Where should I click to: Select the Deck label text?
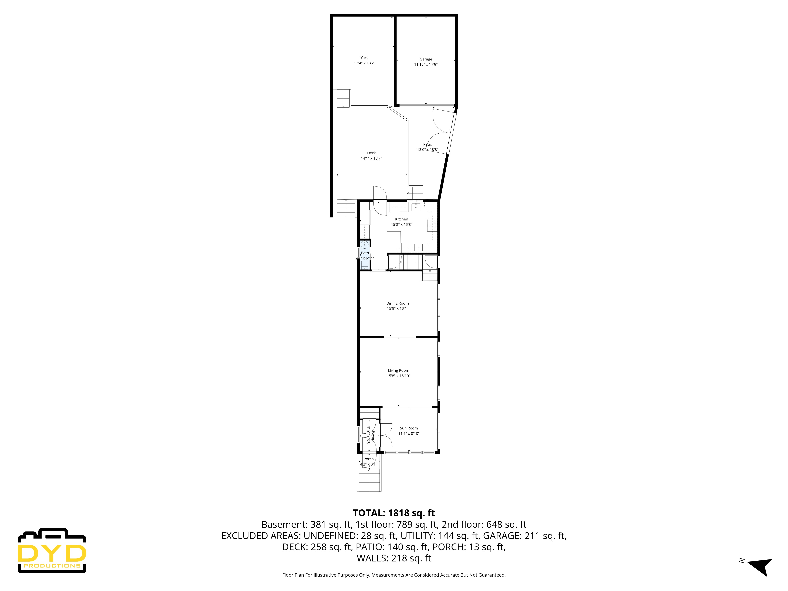point(371,153)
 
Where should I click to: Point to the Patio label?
point(427,144)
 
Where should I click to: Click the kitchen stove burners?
point(432,225)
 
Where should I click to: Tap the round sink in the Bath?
point(364,245)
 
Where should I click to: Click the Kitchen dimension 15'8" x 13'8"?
point(401,224)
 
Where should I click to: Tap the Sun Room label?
point(409,428)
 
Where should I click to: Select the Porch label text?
point(368,459)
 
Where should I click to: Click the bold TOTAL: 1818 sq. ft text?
point(394,513)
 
